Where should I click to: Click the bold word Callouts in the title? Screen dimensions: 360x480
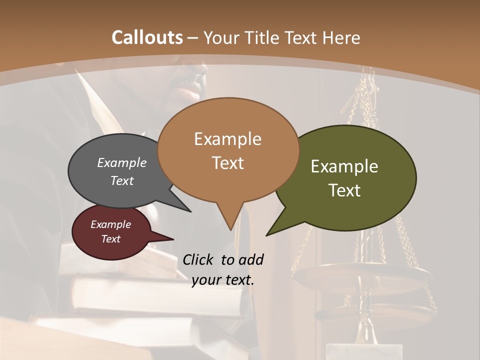[147, 37]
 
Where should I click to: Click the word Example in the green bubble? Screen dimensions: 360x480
[344, 166]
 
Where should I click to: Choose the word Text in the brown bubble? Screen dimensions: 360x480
[228, 163]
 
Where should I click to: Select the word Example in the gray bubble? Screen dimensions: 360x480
[122, 162]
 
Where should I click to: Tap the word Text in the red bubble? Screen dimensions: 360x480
[111, 239]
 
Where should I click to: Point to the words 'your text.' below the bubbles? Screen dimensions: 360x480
[223, 280]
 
